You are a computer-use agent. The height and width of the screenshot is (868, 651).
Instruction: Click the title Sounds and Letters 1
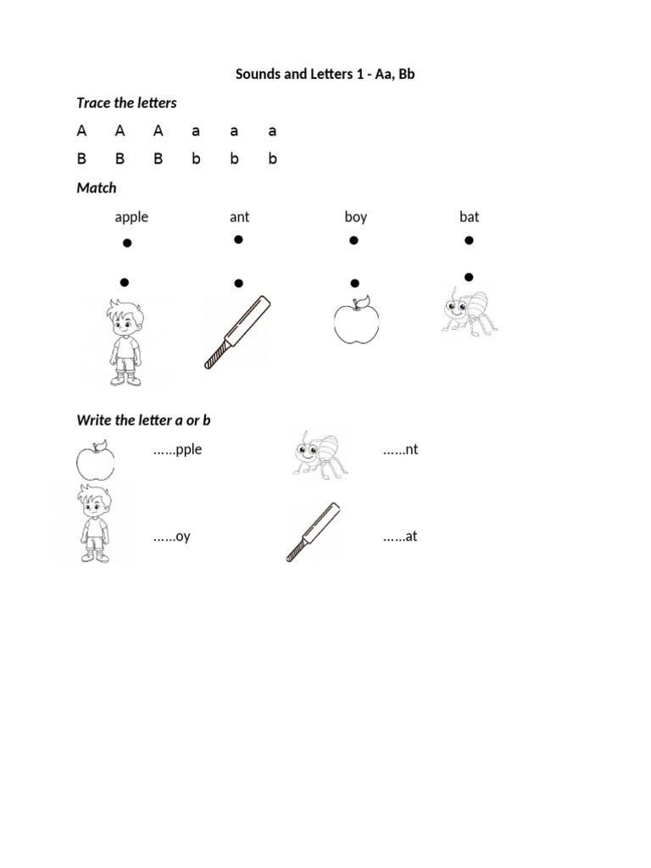click(x=325, y=75)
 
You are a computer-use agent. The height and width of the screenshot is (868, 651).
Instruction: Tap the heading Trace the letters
click(x=126, y=103)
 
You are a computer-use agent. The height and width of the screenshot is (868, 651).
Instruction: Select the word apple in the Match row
click(x=131, y=217)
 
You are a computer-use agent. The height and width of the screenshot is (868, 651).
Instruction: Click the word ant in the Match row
click(x=239, y=217)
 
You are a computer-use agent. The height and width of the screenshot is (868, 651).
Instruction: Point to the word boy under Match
click(x=355, y=217)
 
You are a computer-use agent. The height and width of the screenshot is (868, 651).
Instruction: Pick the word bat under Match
click(x=469, y=217)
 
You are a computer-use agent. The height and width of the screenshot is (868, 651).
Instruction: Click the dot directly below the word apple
click(x=127, y=244)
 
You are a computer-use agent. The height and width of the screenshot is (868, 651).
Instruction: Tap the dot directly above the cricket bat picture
click(x=239, y=283)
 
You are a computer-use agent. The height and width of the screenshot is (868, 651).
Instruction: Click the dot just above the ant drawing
click(x=469, y=276)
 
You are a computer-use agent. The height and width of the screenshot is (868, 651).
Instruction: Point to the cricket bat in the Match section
click(x=236, y=332)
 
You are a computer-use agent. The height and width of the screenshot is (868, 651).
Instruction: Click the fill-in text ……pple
click(x=177, y=450)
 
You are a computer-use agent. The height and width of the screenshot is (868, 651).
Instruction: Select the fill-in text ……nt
click(x=400, y=450)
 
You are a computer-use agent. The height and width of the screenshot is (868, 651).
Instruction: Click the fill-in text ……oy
click(x=171, y=537)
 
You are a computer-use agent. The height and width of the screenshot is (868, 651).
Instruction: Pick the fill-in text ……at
click(x=400, y=537)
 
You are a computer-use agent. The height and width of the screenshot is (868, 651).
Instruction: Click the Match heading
click(x=97, y=187)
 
